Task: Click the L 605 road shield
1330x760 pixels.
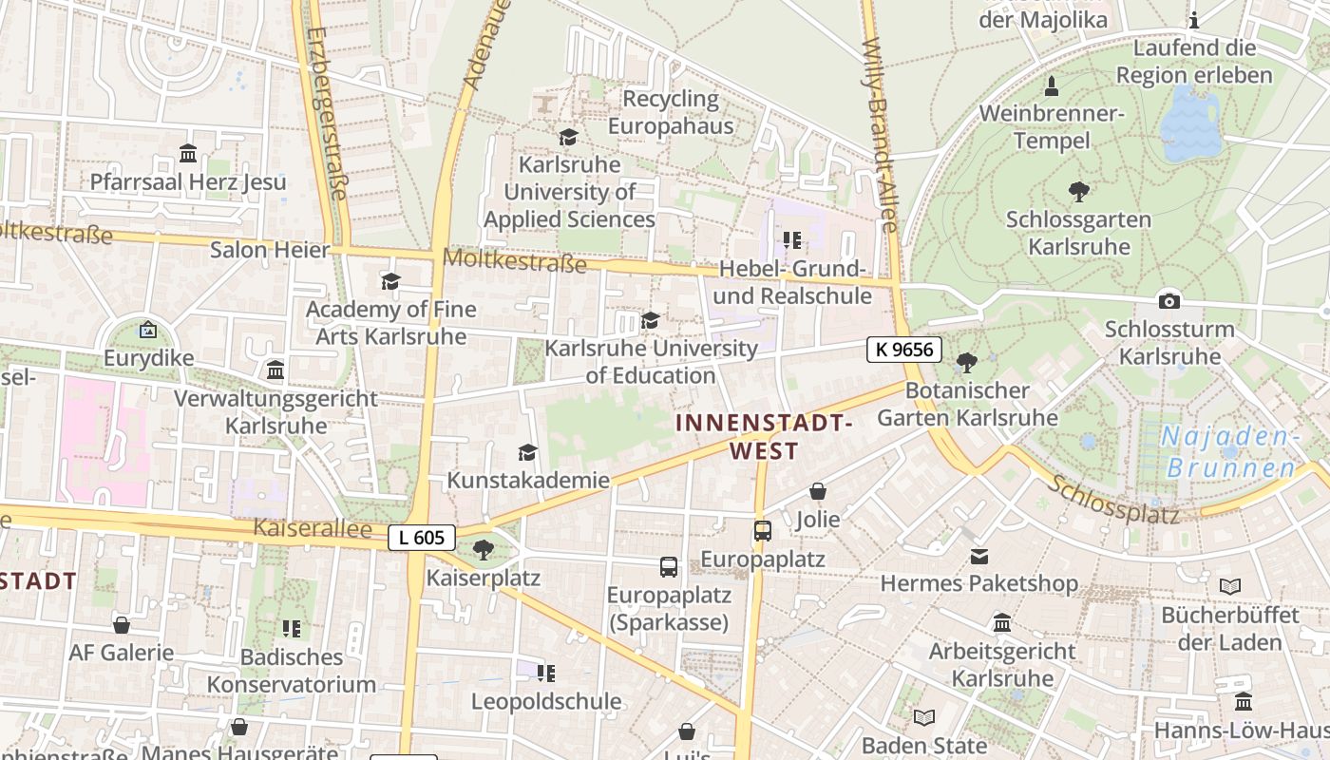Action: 422,538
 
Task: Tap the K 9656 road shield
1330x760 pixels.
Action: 903,350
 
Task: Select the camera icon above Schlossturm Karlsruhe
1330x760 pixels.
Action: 1169,301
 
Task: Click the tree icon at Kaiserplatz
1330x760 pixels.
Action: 483,549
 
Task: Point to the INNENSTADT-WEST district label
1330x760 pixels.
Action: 764,436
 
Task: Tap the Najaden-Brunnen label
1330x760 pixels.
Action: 1231,452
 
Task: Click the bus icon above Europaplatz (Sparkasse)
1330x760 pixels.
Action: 669,567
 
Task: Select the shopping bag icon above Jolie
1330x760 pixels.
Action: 818,491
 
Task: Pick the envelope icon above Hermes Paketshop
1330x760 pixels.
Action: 978,556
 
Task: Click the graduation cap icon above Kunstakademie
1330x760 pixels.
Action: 527,452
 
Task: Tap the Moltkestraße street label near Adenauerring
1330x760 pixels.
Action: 514,259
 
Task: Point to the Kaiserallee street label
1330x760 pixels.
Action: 312,528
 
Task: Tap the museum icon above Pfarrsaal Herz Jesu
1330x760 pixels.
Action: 188,154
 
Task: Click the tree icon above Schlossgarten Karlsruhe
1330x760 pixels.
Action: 1078,192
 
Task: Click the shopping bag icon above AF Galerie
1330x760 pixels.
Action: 122,625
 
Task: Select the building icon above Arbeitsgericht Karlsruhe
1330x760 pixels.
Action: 1002,623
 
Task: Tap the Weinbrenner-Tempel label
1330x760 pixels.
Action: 1052,127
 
